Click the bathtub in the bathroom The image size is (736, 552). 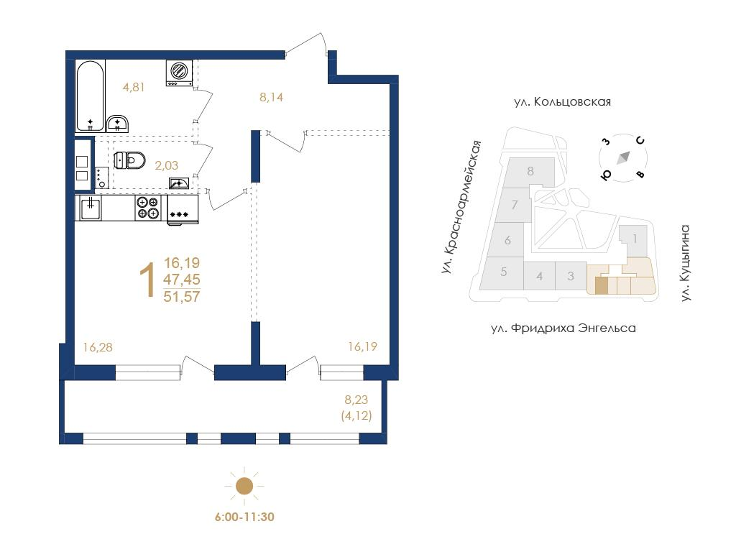[x=90, y=96]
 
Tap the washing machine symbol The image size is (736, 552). [x=179, y=73]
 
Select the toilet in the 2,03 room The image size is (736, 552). [x=130, y=160]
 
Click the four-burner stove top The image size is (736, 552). [x=148, y=208]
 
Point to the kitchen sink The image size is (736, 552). [x=90, y=208]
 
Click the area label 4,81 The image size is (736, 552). [x=134, y=87]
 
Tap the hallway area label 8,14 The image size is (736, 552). [x=271, y=98]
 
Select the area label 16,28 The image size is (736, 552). [x=98, y=347]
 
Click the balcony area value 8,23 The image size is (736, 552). [x=356, y=400]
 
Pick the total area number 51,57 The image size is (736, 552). [x=182, y=297]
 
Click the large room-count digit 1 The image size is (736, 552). [x=149, y=280]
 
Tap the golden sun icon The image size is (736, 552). [x=244, y=487]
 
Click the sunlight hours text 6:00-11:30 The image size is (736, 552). [x=244, y=517]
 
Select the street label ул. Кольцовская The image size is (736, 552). [x=562, y=102]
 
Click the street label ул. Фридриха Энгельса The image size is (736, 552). [x=563, y=328]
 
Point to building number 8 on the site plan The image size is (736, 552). [x=530, y=171]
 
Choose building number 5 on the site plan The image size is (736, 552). [x=504, y=272]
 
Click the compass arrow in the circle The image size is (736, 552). [x=623, y=157]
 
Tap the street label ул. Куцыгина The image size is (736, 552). [x=685, y=263]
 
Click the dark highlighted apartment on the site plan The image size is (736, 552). [x=602, y=286]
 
